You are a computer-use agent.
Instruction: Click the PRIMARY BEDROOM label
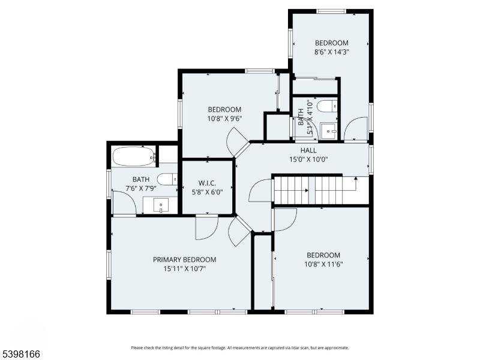(184, 260)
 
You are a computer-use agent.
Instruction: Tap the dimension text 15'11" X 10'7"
(184, 269)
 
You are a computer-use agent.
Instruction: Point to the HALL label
(308, 150)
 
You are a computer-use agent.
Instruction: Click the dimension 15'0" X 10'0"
(308, 159)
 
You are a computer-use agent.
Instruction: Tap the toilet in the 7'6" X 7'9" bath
(167, 179)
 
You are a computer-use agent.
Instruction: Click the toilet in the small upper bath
(328, 107)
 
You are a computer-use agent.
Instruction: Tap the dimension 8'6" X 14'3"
(332, 52)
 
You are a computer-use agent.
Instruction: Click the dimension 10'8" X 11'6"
(323, 264)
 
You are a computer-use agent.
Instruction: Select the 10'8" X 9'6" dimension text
(224, 119)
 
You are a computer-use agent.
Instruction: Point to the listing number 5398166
(20, 355)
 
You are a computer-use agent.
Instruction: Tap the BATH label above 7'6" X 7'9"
(141, 179)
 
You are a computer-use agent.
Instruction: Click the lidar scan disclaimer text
(239, 347)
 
